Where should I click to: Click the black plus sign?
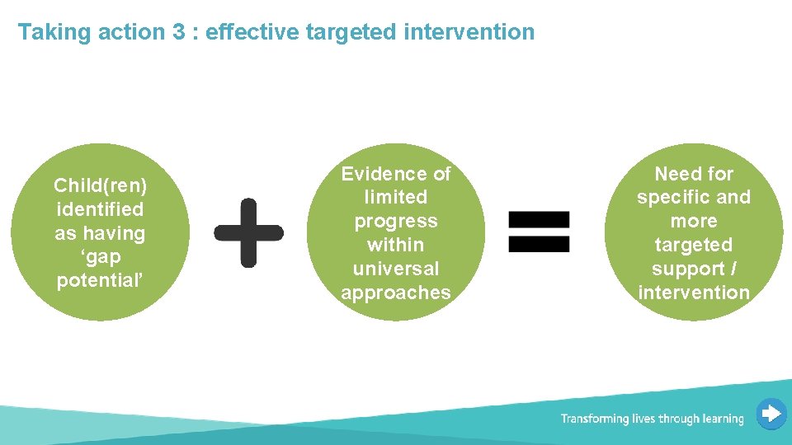(248, 232)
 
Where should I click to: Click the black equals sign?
(538, 232)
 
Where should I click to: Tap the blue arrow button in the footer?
(771, 414)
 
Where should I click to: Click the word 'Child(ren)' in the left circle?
(100, 186)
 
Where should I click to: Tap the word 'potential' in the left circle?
(99, 281)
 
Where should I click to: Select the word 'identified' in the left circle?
(100, 210)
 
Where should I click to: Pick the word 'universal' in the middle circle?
(396, 269)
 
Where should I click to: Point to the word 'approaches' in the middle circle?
(396, 293)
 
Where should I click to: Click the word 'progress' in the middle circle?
(396, 222)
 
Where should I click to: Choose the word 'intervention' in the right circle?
(694, 293)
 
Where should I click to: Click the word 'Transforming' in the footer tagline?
(594, 419)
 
